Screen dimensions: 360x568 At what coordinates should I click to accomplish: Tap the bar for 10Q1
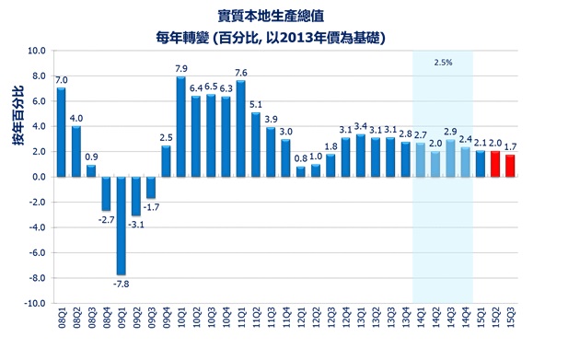pyautogui.click(x=181, y=127)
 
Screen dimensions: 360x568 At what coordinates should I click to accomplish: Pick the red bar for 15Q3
pyautogui.click(x=511, y=166)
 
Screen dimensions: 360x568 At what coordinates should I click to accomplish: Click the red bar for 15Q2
pyautogui.click(x=495, y=164)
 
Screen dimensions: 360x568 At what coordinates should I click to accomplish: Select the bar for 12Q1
pyautogui.click(x=301, y=171)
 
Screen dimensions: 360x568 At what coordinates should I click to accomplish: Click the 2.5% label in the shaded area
pyautogui.click(x=443, y=62)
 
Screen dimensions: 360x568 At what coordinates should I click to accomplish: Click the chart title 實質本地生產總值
pyautogui.click(x=271, y=16)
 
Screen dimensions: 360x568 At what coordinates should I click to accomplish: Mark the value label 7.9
pyautogui.click(x=181, y=69)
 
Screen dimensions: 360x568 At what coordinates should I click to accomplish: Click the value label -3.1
pyautogui.click(x=136, y=224)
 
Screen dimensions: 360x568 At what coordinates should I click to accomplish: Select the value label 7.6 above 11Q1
pyautogui.click(x=241, y=73)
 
